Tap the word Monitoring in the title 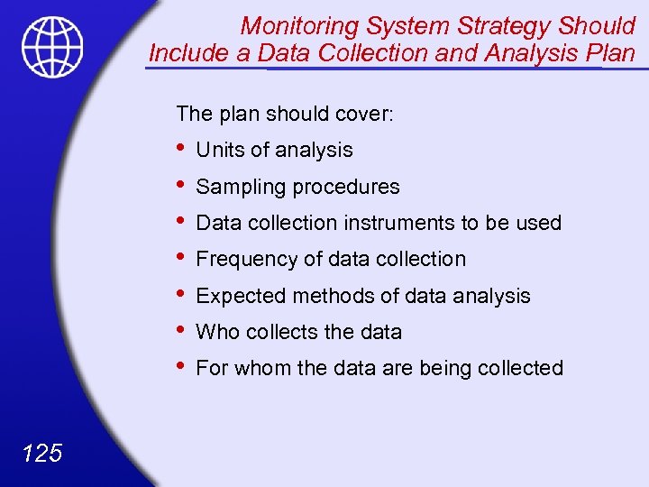[297, 25]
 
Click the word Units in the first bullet [219, 151]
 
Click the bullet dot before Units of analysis [183, 147]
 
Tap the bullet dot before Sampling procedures [183, 184]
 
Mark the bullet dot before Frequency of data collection [183, 256]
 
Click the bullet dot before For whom [183, 364]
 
